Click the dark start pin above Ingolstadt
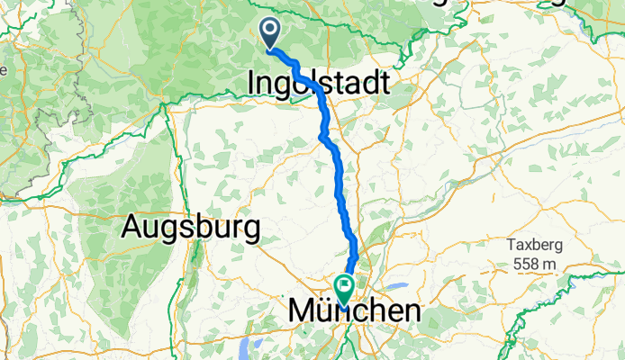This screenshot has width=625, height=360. coord(270,33)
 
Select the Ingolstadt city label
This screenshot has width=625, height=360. coord(319,84)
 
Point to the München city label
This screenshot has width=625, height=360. coord(354,311)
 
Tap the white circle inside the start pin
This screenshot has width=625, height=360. coord(270,30)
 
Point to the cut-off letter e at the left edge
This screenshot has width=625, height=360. coord(4,68)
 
